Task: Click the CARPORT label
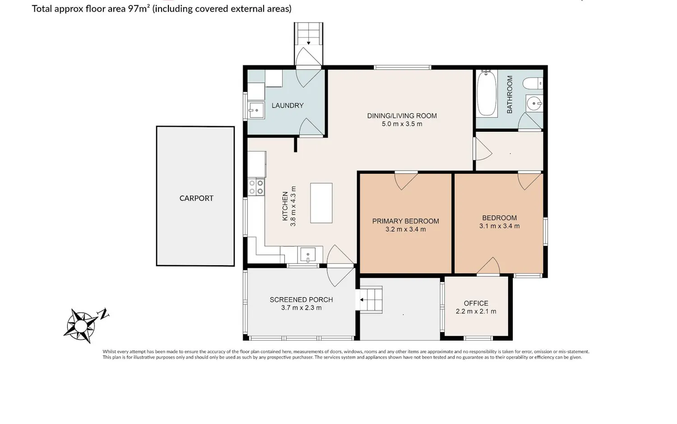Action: click(x=196, y=198)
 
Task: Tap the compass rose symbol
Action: click(x=81, y=326)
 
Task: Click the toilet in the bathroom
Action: click(x=533, y=83)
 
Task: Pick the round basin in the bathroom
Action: click(x=534, y=103)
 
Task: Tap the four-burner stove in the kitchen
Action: click(x=256, y=187)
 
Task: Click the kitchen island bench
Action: click(x=321, y=203)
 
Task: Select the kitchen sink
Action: click(x=308, y=254)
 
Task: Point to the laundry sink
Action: click(x=256, y=110)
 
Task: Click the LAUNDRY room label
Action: click(x=287, y=106)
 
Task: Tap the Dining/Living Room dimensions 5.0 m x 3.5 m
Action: click(x=402, y=124)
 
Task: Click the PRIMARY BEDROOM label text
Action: click(x=406, y=221)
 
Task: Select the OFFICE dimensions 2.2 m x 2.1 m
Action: click(x=476, y=311)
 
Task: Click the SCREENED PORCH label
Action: click(x=301, y=300)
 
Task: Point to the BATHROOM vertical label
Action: click(x=510, y=95)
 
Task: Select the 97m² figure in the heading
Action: click(x=139, y=9)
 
